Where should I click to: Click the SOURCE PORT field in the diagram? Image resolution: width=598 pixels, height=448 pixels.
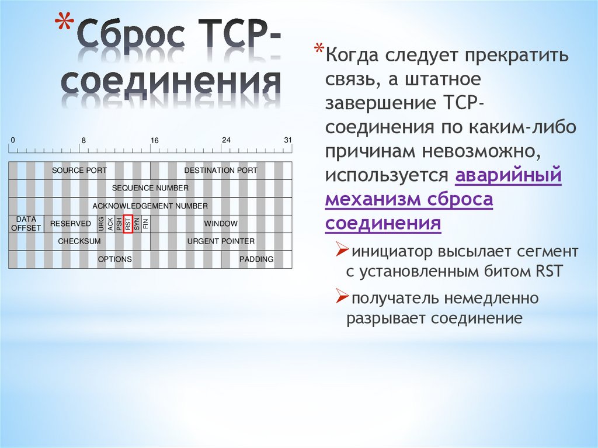tap(79, 171)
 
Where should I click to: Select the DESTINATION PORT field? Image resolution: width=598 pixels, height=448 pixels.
tap(221, 171)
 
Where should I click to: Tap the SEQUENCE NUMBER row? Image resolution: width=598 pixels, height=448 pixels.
tap(150, 188)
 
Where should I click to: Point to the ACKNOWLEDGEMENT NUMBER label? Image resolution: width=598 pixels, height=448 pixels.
tap(150, 206)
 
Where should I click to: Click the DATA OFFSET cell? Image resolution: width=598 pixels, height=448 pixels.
tap(26, 224)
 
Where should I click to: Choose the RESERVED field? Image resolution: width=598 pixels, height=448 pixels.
tap(71, 224)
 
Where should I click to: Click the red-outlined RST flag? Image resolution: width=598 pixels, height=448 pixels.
tap(128, 224)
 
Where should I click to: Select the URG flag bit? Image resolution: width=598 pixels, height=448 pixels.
tap(102, 224)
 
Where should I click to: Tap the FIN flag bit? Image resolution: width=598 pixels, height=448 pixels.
tap(146, 224)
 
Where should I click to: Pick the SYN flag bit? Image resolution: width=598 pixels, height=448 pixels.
tap(137, 224)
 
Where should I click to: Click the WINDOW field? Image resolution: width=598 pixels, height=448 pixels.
tap(221, 224)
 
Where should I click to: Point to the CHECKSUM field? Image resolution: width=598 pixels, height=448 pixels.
tap(79, 241)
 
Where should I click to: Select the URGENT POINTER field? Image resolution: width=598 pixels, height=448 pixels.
tap(221, 241)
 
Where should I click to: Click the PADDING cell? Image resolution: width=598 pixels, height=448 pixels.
tap(256, 259)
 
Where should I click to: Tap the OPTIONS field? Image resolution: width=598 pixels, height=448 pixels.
tap(115, 259)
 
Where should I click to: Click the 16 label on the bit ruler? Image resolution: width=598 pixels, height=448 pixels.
tap(155, 141)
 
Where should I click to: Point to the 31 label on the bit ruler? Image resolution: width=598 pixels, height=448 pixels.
tap(287, 140)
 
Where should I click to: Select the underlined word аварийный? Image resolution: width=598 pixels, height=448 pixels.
tap(507, 175)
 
